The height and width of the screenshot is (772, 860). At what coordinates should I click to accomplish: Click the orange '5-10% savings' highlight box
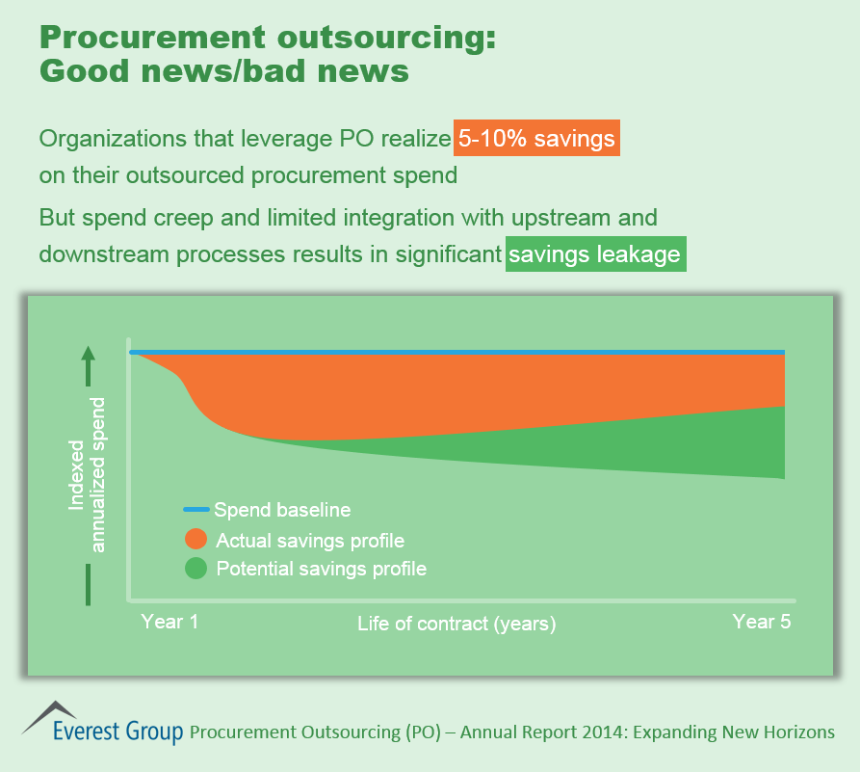[x=536, y=139]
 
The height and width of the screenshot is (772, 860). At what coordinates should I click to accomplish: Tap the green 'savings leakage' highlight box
[x=595, y=254]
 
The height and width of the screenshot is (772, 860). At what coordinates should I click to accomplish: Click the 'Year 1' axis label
[x=169, y=622]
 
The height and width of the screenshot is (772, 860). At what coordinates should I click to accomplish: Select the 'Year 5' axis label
[x=761, y=622]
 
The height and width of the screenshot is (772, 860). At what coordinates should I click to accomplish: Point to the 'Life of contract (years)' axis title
[x=456, y=624]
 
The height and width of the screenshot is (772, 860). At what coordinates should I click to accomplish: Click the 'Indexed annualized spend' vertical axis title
[x=87, y=472]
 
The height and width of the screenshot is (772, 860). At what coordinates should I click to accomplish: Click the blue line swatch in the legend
[x=196, y=509]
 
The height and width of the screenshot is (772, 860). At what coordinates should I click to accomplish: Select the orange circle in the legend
[x=196, y=540]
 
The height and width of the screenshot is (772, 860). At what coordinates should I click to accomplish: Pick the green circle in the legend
[x=196, y=569]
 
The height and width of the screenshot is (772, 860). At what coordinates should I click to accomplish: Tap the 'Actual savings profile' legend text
[x=310, y=540]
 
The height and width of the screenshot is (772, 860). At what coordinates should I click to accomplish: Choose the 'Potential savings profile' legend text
[x=321, y=569]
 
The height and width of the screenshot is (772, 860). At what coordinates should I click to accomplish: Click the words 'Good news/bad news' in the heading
[x=223, y=72]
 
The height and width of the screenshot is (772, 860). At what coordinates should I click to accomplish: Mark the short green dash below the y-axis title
[x=88, y=584]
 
